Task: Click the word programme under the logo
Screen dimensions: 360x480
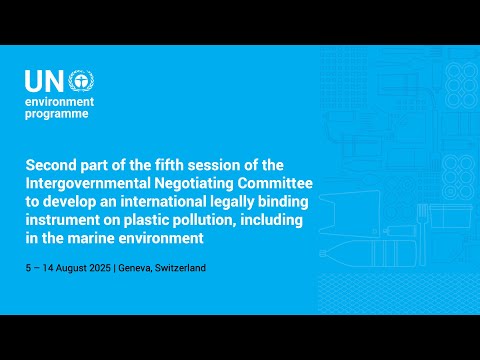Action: [x=58, y=114]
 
